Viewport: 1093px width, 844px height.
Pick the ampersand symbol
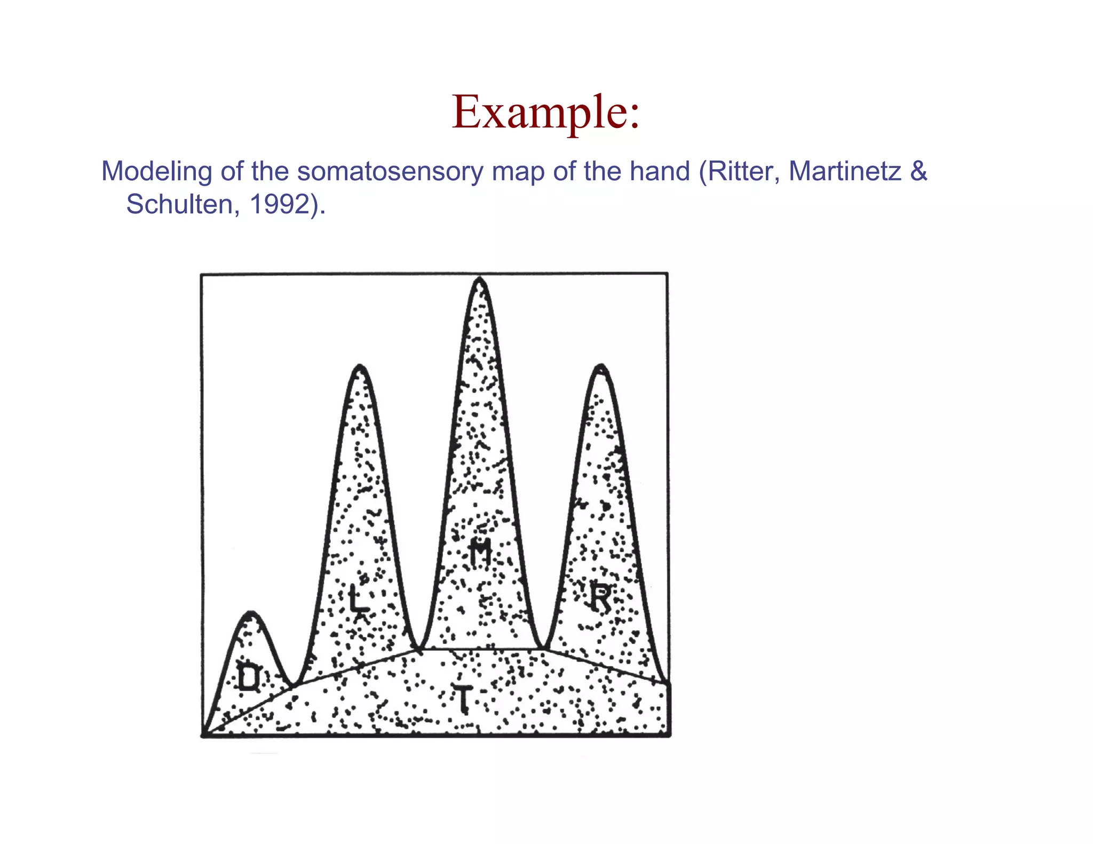point(918,172)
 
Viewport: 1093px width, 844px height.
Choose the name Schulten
point(179,204)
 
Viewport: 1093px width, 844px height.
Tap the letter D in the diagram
point(248,678)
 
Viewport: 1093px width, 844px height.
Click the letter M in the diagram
point(480,552)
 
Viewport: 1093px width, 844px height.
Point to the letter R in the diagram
point(600,598)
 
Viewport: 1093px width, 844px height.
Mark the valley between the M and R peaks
point(543,648)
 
